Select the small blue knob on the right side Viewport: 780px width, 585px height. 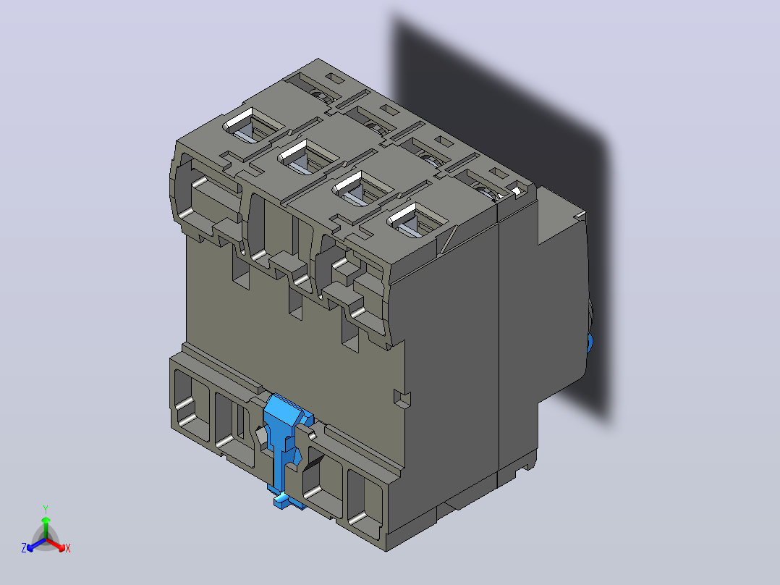[590, 342]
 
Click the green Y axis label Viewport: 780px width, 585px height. [46, 509]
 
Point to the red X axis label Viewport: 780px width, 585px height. [68, 548]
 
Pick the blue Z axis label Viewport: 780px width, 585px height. [23, 547]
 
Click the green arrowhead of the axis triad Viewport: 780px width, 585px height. [46, 521]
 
